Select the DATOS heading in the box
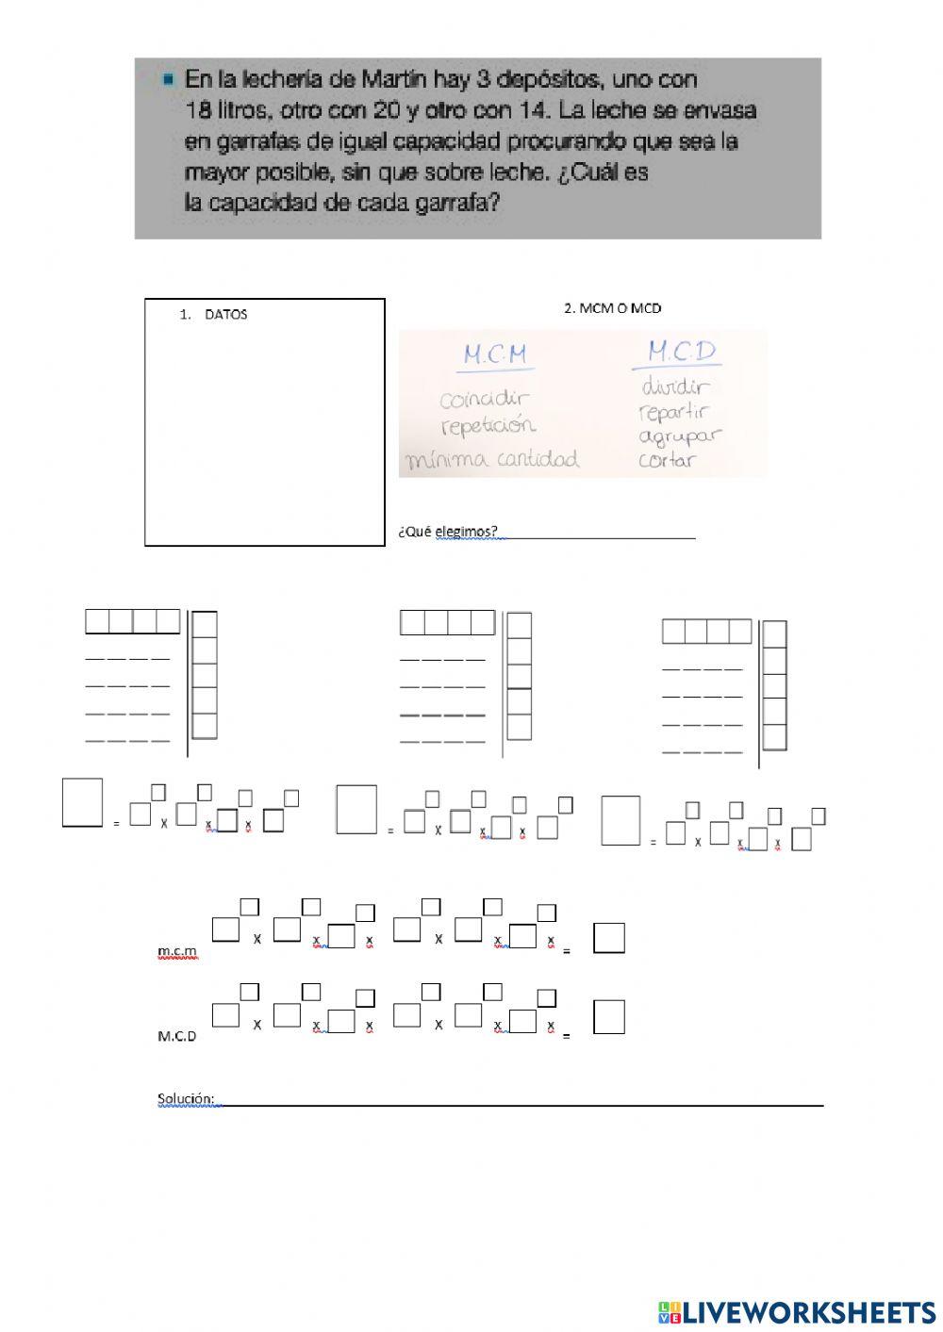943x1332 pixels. tap(225, 315)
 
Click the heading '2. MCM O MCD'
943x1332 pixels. tap(612, 308)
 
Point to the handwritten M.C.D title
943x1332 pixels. tap(682, 354)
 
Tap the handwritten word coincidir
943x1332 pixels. tap(485, 400)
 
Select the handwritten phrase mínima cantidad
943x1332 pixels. tap(492, 460)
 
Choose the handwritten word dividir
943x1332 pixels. tap(676, 386)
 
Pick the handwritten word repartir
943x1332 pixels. tap(673, 412)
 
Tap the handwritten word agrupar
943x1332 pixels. tap(680, 436)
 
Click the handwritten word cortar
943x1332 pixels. tap(667, 461)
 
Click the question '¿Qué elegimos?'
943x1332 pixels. tap(448, 531)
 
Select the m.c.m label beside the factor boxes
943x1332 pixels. tap(178, 954)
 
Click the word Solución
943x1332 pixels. tap(186, 1099)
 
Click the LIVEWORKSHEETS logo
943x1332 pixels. tap(798, 1311)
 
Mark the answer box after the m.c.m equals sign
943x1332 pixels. tap(609, 938)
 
